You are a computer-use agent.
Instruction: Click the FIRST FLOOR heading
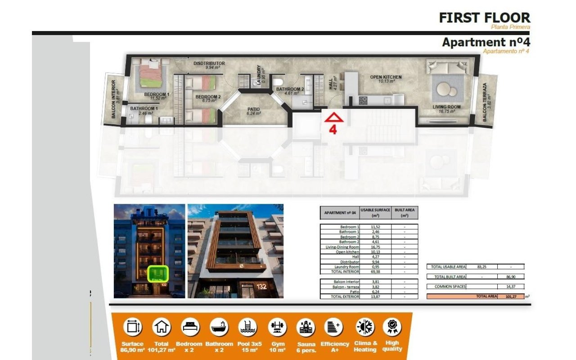(484, 18)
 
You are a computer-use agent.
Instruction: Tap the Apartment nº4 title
(486, 42)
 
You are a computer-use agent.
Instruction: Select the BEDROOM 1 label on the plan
(157, 94)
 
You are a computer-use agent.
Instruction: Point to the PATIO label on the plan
(254, 109)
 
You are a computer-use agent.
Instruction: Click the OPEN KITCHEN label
(386, 77)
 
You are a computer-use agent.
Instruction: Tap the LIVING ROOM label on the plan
(446, 107)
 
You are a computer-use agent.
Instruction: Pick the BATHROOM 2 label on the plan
(290, 89)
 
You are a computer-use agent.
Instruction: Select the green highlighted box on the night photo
(158, 273)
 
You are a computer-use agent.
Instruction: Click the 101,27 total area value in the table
(511, 297)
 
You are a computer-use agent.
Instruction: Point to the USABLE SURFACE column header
(375, 212)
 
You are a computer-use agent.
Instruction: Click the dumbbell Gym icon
(277, 327)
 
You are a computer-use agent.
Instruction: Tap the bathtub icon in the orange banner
(219, 327)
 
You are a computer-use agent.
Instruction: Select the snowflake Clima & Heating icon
(365, 327)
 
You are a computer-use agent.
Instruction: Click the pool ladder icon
(248, 327)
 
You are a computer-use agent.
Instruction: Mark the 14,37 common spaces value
(511, 286)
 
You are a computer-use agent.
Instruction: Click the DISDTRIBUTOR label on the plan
(209, 63)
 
